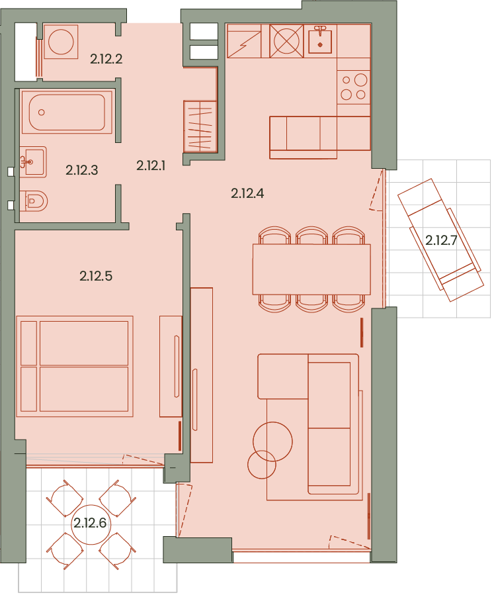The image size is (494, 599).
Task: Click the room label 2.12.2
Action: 106,59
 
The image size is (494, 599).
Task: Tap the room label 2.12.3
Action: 82,170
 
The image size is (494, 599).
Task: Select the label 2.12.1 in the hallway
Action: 151,165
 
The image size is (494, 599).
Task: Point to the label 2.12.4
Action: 247,193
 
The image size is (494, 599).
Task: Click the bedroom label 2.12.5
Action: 96,276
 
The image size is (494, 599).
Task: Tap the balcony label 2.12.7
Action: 441,240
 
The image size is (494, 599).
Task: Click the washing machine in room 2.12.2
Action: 61,42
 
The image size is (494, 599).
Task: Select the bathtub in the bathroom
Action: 67,112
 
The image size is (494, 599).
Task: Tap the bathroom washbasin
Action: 33,162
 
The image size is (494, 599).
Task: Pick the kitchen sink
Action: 320,41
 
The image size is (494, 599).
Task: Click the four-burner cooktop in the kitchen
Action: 354,87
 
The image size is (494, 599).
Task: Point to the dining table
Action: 311,269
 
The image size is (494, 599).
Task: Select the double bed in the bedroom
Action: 75,366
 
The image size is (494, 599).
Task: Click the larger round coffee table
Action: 272,441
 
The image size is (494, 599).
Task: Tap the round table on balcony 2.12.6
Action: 91,523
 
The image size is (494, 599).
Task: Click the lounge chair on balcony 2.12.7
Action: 441,240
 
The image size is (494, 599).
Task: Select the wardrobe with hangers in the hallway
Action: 200,126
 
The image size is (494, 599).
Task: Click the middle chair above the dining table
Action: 311,236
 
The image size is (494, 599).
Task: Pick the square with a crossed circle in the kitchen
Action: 286,41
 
